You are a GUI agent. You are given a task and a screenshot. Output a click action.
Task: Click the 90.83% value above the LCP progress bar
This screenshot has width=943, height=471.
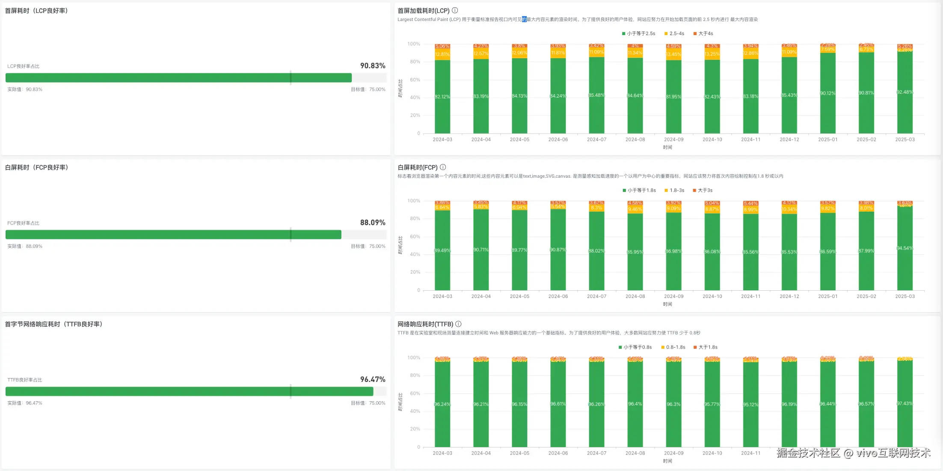click(x=372, y=66)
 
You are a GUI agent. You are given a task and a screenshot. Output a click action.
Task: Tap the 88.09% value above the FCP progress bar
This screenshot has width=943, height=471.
click(x=372, y=223)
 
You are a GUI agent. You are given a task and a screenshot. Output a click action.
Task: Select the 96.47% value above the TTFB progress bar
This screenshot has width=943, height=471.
click(x=372, y=379)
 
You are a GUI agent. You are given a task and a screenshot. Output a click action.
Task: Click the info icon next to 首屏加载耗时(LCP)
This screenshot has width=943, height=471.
click(x=455, y=10)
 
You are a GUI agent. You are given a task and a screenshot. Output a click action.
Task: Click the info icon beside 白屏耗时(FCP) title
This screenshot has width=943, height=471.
click(x=443, y=167)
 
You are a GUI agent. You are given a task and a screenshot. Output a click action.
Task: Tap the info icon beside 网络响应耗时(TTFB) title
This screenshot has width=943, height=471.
click(x=458, y=324)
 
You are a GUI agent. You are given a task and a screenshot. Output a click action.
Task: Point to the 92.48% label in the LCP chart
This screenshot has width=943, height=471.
click(x=904, y=92)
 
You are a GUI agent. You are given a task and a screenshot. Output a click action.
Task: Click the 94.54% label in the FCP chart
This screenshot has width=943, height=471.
click(x=904, y=248)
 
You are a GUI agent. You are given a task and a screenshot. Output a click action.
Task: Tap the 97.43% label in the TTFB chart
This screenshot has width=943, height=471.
click(x=904, y=404)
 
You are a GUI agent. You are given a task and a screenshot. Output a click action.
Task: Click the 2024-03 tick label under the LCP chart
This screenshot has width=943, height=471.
click(x=442, y=140)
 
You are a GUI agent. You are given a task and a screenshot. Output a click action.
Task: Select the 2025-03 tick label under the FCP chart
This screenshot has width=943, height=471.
click(x=905, y=296)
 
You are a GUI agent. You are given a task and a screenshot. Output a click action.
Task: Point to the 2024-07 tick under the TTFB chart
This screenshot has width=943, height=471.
click(x=596, y=453)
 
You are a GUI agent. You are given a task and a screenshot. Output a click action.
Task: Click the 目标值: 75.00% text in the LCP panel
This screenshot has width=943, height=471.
click(x=368, y=89)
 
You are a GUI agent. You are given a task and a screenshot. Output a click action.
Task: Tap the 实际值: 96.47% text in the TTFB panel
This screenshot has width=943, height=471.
click(x=25, y=403)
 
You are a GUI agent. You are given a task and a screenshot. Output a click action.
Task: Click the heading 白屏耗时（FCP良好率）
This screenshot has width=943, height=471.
click(x=36, y=167)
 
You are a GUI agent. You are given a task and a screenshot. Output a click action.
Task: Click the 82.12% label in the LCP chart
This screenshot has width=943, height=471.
click(x=442, y=97)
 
